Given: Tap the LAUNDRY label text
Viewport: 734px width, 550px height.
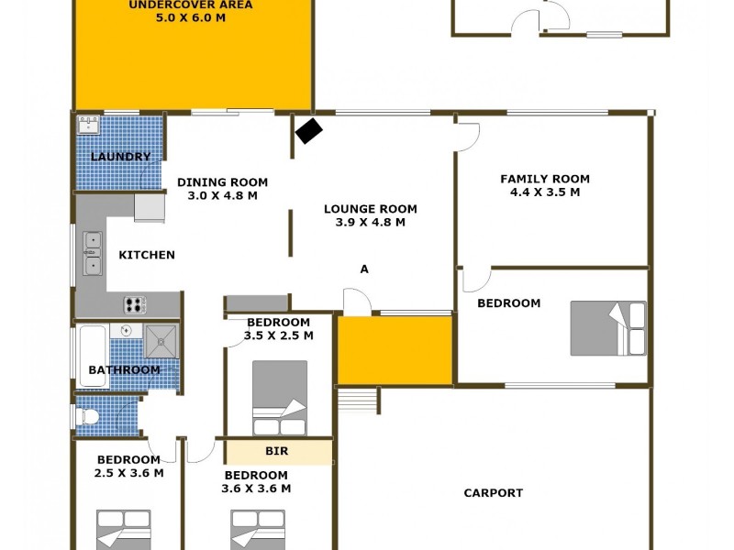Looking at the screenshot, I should (x=120, y=157).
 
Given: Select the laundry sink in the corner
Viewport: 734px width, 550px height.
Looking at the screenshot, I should (x=89, y=126).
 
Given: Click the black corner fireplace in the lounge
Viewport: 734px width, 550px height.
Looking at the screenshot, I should (x=308, y=132).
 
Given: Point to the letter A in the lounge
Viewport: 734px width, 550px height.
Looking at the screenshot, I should (x=364, y=269).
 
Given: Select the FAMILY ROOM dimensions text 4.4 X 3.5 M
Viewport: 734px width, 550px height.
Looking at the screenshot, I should (x=544, y=192).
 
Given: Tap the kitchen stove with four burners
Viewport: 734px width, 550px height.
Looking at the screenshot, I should (x=136, y=304).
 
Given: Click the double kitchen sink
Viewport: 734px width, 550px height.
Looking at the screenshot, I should (x=92, y=254).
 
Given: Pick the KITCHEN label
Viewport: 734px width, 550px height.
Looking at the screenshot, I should (x=147, y=255).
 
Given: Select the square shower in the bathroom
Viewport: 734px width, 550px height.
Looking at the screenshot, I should (x=161, y=341).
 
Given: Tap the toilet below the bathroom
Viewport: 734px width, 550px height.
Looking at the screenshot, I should (x=89, y=416).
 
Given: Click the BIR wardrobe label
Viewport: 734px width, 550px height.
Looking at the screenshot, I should (x=277, y=452).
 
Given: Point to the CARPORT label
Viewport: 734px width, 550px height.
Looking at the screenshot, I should (x=493, y=493).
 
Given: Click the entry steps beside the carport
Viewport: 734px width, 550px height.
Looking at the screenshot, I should (x=359, y=401).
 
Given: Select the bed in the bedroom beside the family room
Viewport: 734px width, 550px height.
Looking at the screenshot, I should (x=607, y=328).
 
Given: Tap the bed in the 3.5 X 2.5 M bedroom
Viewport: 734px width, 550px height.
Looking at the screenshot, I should (x=280, y=397).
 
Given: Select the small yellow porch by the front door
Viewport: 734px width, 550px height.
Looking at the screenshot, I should (x=395, y=350).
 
